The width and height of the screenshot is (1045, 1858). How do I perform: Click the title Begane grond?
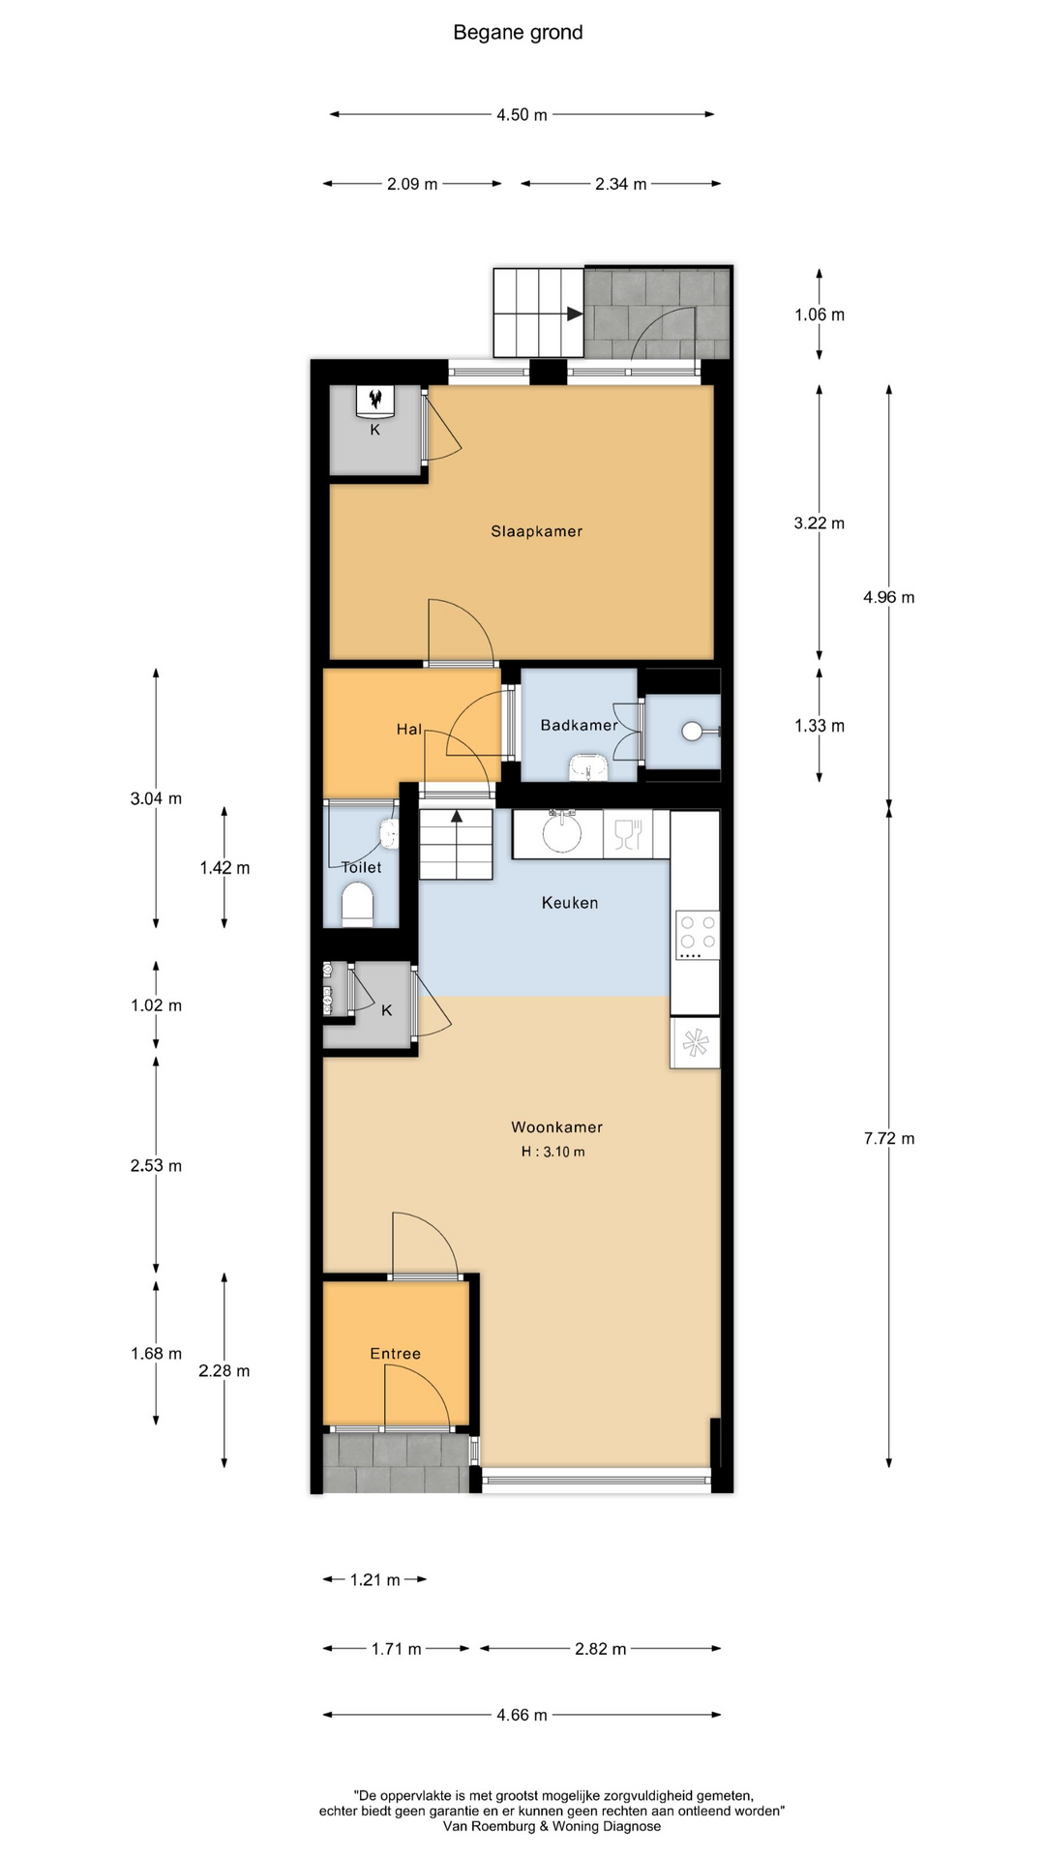pyautogui.click(x=518, y=33)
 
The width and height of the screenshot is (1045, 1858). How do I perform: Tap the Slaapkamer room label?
pyautogui.click(x=536, y=531)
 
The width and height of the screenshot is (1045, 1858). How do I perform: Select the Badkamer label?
pyautogui.click(x=579, y=725)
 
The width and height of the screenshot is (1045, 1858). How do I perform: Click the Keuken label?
pyautogui.click(x=569, y=903)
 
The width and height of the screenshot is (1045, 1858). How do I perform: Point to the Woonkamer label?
pyautogui.click(x=556, y=1127)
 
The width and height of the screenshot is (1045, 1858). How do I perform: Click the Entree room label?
pyautogui.click(x=395, y=1354)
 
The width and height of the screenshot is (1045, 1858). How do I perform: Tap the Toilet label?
pyautogui.click(x=361, y=867)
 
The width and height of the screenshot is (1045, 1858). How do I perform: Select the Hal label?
pyautogui.click(x=409, y=730)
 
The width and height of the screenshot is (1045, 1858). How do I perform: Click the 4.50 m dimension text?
pyautogui.click(x=522, y=115)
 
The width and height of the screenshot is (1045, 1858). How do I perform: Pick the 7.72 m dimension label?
pyautogui.click(x=888, y=1139)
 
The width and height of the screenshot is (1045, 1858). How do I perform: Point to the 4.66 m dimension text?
pyautogui.click(x=522, y=1715)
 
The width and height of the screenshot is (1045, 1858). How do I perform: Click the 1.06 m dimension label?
pyautogui.click(x=819, y=315)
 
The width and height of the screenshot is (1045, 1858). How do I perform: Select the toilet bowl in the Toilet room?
pyautogui.click(x=358, y=908)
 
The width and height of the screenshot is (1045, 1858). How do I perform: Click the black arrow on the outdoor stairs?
pyautogui.click(x=575, y=314)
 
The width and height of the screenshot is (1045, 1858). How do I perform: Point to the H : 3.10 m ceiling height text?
pyautogui.click(x=552, y=1152)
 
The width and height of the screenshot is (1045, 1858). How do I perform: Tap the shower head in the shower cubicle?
pyautogui.click(x=692, y=732)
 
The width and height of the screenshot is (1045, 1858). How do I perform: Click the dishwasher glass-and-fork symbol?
pyautogui.click(x=627, y=833)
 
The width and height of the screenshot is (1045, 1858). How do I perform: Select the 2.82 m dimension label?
pyautogui.click(x=600, y=1648)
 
